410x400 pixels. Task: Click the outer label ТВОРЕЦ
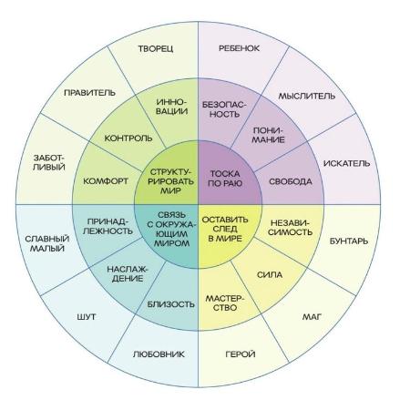click(156, 49)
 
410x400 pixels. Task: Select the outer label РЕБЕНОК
click(240, 48)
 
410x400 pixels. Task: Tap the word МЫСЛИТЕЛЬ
click(307, 97)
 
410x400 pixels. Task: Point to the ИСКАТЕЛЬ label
click(347, 163)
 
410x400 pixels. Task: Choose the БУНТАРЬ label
click(349, 241)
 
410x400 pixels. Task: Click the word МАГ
click(312, 317)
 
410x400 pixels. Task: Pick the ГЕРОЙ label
click(241, 354)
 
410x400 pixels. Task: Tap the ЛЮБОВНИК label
click(159, 354)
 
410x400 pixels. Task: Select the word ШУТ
click(87, 317)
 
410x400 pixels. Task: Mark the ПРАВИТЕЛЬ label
click(89, 93)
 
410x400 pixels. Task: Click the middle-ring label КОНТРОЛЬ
click(128, 138)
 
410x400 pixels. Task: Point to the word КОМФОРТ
click(106, 181)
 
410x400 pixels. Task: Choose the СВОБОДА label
click(291, 181)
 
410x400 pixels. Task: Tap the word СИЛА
click(270, 275)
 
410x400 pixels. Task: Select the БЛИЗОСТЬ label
click(171, 304)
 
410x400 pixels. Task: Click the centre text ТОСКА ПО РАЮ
click(225, 179)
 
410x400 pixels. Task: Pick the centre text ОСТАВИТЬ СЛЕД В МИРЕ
click(225, 229)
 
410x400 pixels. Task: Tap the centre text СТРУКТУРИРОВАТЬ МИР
click(172, 181)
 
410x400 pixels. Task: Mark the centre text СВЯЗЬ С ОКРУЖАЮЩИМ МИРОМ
click(172, 229)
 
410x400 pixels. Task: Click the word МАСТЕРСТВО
click(225, 303)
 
